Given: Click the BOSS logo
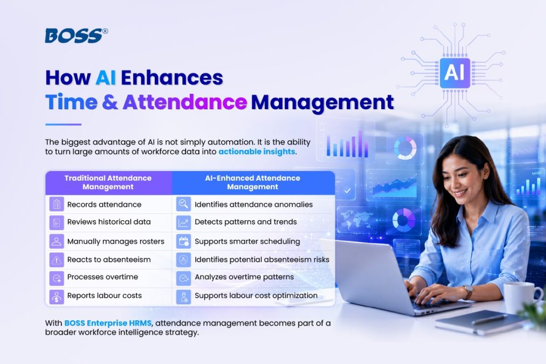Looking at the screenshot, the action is [x=76, y=36].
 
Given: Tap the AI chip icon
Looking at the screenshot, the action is [x=455, y=73].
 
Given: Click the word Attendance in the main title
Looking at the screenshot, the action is [x=184, y=102].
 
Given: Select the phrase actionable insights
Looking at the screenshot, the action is [x=256, y=152].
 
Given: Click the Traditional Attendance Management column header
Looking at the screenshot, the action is [x=108, y=182].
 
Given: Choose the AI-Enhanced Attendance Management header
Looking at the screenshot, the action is [x=253, y=182].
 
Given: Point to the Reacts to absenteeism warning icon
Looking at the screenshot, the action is [x=57, y=260].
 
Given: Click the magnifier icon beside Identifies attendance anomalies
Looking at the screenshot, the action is [x=183, y=204].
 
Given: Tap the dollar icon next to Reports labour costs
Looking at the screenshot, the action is [x=57, y=297].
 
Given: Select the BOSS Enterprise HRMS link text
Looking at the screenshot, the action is [x=108, y=323].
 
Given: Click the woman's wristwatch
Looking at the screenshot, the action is [x=467, y=292].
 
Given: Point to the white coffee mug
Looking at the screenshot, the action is [x=521, y=297].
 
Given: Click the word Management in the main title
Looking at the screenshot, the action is [x=323, y=103].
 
